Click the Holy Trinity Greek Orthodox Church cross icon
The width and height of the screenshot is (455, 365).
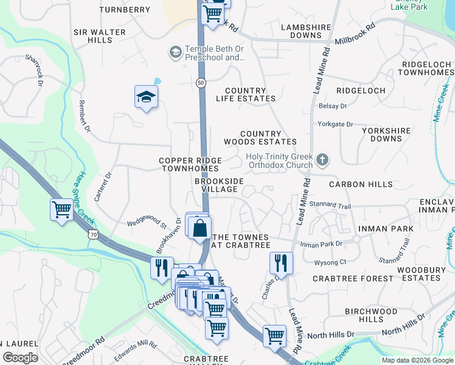[x=322, y=161]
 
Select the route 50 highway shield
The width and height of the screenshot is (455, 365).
[x=201, y=82]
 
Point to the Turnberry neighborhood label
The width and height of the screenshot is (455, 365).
[x=124, y=10]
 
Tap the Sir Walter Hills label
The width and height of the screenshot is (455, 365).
[x=100, y=36]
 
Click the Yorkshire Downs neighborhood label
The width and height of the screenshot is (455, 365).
[x=387, y=134]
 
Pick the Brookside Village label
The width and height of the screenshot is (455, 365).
[x=219, y=185]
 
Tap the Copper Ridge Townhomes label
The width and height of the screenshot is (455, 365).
[x=189, y=164]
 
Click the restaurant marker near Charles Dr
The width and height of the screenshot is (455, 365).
[x=280, y=263]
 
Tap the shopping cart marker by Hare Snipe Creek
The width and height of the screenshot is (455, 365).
[x=61, y=210]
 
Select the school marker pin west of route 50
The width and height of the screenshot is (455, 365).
[x=146, y=97]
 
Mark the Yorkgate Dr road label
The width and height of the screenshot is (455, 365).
[x=335, y=124]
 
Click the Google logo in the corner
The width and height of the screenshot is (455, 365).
[x=20, y=358]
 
